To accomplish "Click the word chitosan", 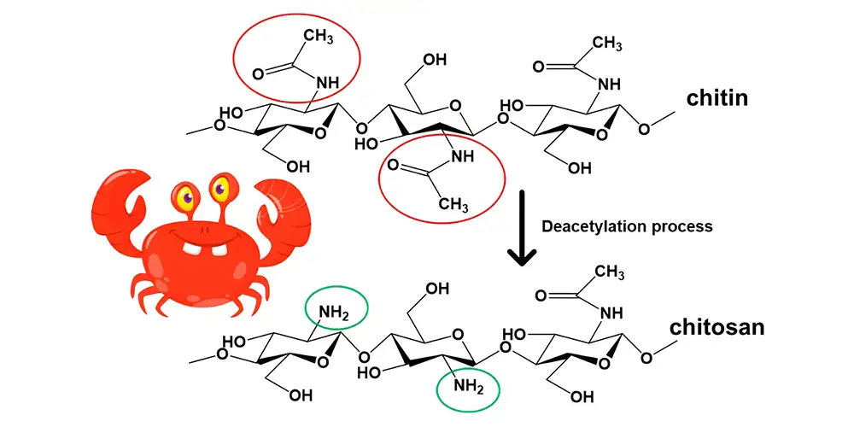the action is tap(717, 327).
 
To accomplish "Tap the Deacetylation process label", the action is tap(627, 226).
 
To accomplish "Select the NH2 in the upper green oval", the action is tap(335, 313).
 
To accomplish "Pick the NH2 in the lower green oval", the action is tap(469, 387).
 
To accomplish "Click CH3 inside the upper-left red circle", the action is tap(318, 38).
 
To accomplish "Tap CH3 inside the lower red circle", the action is tap(453, 204).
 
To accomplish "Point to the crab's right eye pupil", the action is tap(219, 189).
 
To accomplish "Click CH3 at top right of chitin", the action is tap(606, 43).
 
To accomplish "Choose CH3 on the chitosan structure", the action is tap(609, 272).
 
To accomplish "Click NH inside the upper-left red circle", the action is tap(327, 83).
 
